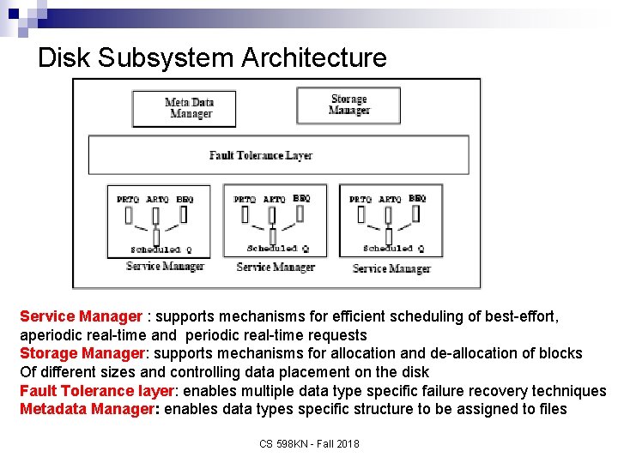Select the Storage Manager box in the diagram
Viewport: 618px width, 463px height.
coord(348,105)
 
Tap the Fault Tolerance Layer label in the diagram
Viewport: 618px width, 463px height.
coord(261,155)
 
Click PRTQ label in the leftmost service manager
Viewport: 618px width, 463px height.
coord(128,200)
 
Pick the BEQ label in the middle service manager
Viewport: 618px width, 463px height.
coord(300,198)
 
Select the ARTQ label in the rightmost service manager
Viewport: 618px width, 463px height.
coord(390,200)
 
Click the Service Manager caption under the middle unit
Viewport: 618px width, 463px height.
coord(275,268)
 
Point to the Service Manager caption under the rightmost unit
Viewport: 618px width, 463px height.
coord(391,268)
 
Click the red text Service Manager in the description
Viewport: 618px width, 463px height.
coord(80,316)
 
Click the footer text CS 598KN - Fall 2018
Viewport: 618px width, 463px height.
coord(308,443)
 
